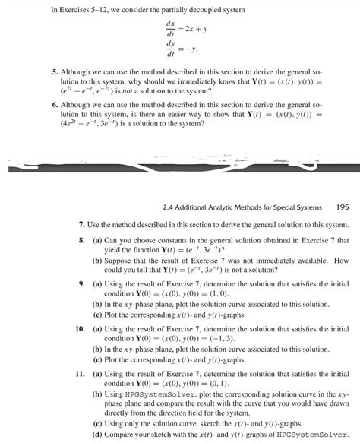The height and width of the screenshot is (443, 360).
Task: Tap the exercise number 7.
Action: pyautogui.click(x=82, y=226)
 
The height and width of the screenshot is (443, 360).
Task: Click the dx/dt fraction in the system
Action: pyautogui.click(x=170, y=29)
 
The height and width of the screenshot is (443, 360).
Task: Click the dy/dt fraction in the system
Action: pyautogui.click(x=170, y=49)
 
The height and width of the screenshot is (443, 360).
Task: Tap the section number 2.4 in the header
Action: pyautogui.click(x=169, y=205)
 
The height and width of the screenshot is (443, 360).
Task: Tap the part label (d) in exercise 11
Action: pyautogui.click(x=97, y=436)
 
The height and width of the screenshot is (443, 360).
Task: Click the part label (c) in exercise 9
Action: pyautogui.click(x=97, y=315)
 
